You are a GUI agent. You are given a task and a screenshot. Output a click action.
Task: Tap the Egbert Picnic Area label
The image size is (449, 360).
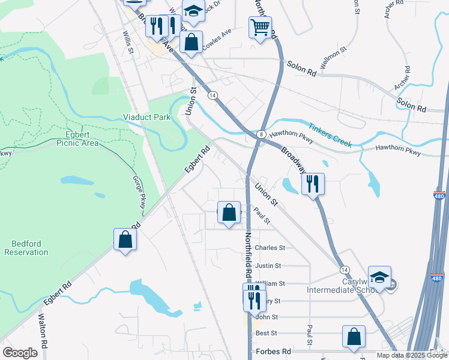coord(77,139)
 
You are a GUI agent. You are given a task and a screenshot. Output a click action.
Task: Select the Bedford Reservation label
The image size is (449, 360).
coord(26,248)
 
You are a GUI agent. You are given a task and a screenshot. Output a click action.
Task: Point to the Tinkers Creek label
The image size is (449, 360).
coord(330,136)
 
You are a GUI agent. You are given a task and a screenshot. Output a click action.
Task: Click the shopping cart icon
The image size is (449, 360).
coord(260,26)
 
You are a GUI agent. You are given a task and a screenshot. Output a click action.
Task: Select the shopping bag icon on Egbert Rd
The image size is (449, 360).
coord(125,239)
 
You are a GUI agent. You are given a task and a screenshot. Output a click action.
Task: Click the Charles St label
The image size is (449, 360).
coord(269,247)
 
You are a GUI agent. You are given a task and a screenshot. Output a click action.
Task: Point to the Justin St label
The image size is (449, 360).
coord(268,265)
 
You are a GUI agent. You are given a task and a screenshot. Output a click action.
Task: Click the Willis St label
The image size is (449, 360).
coord(128,43)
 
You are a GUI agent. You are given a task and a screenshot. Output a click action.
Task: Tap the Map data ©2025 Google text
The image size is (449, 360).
coord(411,355)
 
